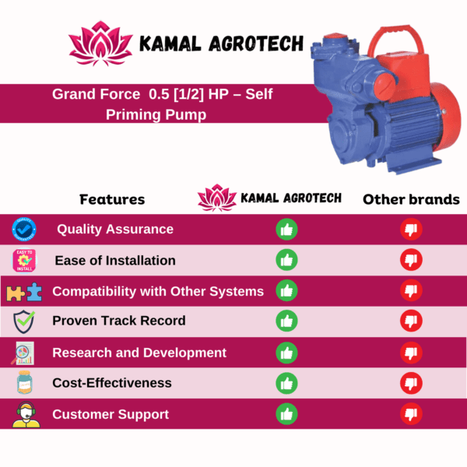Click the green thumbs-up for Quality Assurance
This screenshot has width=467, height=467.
pyautogui.click(x=286, y=230)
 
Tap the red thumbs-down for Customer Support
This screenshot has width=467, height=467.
pyautogui.click(x=411, y=414)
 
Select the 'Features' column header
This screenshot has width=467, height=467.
pyautogui.click(x=112, y=199)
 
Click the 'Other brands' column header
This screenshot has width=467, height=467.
pyautogui.click(x=411, y=199)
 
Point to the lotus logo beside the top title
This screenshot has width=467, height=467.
pyautogui.click(x=100, y=44)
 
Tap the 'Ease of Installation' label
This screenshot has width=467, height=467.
pyautogui.click(x=115, y=261)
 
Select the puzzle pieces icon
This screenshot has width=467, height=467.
pyautogui.click(x=24, y=292)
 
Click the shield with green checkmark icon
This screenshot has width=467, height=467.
pyautogui.click(x=24, y=321)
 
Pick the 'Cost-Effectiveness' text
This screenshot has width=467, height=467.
pyautogui.click(x=112, y=383)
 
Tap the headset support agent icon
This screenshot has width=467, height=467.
pyautogui.click(x=26, y=415)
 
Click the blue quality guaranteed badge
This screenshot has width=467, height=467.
pyautogui.click(x=24, y=230)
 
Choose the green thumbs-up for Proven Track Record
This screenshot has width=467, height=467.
pyautogui.click(x=286, y=321)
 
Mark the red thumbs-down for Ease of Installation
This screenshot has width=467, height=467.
pyautogui.click(x=411, y=260)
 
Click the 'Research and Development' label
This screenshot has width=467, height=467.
pyautogui.click(x=139, y=353)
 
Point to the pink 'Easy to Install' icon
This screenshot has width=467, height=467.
pyautogui.click(x=24, y=261)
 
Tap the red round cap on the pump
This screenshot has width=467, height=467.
pyautogui.click(x=384, y=86)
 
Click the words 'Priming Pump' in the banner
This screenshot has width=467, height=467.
pyautogui.click(x=156, y=114)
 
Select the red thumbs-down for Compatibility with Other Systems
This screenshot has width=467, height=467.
pyautogui.click(x=411, y=290)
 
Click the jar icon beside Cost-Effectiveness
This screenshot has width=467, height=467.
pyautogui.click(x=24, y=382)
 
